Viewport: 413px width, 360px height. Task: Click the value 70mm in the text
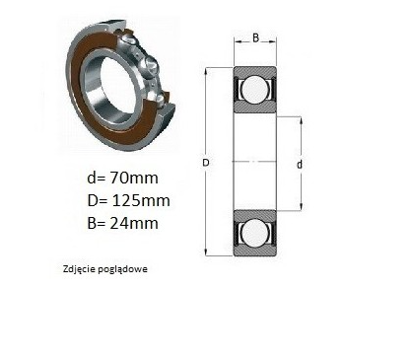pos(134,178)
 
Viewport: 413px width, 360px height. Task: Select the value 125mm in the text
pos(141,200)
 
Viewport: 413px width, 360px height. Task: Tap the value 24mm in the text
pos(134,223)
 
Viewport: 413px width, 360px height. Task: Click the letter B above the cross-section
pos(255,38)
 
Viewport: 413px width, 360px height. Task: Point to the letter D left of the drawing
pos(206,163)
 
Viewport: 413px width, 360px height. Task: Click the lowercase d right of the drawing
pos(300,164)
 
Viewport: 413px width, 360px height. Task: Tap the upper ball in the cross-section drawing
pos(254,89)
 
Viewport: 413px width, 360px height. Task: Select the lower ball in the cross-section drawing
pos(254,233)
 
